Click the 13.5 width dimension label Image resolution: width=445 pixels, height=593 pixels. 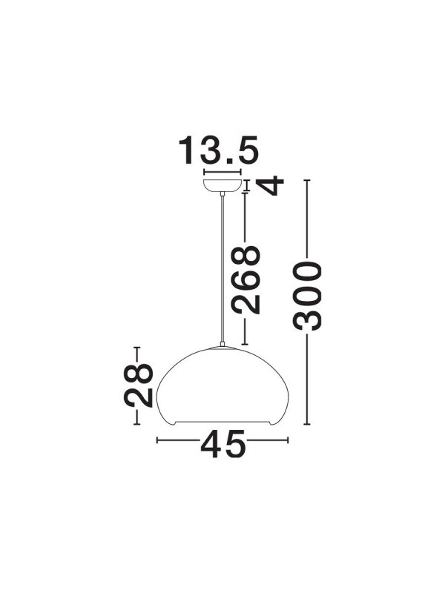click(x=218, y=150)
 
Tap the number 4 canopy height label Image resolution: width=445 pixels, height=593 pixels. click(x=270, y=185)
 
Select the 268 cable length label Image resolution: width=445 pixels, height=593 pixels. click(x=246, y=280)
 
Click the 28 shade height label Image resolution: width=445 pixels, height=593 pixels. click(x=139, y=385)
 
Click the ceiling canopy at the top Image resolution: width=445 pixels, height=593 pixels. click(x=222, y=186)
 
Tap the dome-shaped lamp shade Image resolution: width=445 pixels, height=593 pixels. click(x=223, y=385)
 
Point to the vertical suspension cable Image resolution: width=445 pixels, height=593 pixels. click(x=222, y=269)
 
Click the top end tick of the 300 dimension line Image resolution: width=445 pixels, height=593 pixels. click(x=307, y=180)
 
